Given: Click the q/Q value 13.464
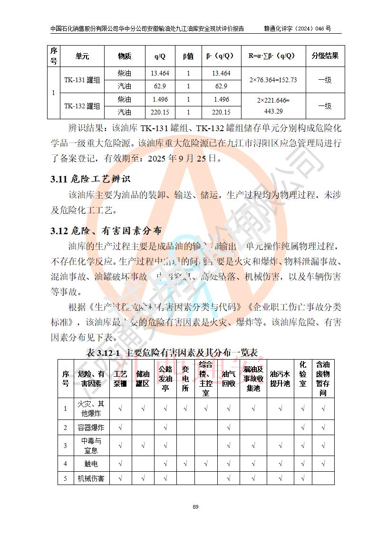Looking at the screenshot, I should [160, 73].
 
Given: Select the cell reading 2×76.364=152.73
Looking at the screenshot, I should [273, 80].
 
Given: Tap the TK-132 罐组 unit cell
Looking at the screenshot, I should [82, 106].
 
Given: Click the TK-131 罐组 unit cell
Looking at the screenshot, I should [82, 80].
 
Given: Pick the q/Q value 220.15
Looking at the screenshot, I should [160, 113].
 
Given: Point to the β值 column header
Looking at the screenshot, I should [188, 56].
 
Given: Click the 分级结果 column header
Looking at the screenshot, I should [325, 56].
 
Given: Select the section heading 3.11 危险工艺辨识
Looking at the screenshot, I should [90, 180].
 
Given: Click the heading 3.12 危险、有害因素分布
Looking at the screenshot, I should [106, 231].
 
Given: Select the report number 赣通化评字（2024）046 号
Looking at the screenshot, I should [297, 29].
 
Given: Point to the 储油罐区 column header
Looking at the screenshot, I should [143, 379].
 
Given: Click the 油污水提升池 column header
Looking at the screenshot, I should [280, 379].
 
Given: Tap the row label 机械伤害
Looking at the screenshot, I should [90, 478].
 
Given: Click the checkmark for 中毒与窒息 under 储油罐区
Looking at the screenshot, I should [143, 446].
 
